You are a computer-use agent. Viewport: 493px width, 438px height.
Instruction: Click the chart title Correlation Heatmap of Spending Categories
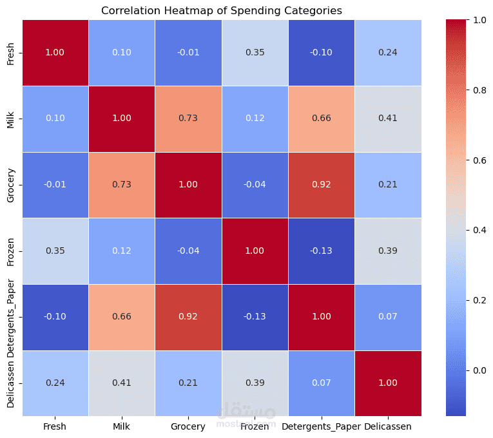[221, 10]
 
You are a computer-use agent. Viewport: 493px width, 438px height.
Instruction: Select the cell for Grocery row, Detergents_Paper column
[321, 185]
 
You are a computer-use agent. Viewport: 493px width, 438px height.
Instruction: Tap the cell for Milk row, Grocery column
[188, 119]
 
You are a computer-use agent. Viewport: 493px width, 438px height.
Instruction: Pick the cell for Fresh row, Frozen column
[255, 52]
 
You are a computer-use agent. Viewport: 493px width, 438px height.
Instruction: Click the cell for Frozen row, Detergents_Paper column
[321, 251]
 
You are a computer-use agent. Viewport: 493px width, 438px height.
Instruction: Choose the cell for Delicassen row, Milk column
[121, 383]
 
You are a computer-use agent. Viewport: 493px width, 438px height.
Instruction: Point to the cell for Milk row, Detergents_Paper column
[321, 119]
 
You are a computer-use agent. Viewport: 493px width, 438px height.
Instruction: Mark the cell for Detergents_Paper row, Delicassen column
[387, 317]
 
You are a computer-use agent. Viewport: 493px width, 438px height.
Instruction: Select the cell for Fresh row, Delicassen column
[387, 52]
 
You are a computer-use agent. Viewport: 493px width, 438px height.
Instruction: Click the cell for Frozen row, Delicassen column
[387, 251]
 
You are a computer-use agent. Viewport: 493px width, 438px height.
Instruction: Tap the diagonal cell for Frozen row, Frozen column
[255, 251]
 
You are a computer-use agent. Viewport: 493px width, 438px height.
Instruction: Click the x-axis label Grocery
[188, 426]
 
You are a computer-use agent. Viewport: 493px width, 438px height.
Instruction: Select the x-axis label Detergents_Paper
[321, 426]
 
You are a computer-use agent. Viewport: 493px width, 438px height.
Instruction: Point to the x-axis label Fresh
[55, 426]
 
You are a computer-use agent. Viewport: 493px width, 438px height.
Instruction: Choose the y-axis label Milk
[11, 119]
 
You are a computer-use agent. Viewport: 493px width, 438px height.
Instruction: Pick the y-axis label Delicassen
[11, 383]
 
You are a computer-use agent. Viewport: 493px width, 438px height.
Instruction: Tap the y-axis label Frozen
[11, 251]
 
